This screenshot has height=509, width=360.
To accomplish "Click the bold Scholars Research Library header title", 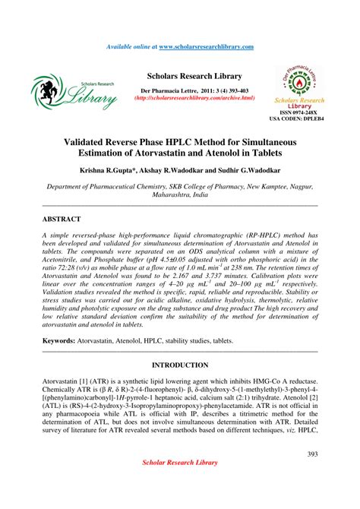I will (194, 77).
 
